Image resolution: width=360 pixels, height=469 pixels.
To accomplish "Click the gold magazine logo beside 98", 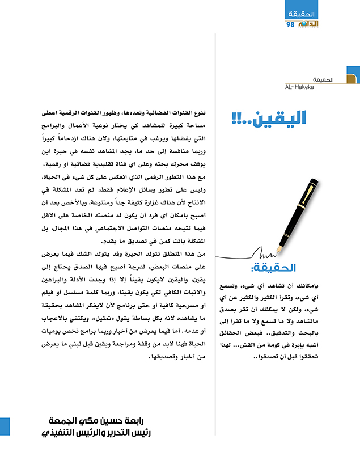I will click(306, 24).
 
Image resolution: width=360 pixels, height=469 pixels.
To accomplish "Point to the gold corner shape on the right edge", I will click(353, 80).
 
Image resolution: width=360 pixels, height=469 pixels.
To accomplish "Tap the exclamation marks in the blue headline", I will click(238, 119).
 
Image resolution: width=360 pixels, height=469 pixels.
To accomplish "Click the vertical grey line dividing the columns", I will click(215, 227).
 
